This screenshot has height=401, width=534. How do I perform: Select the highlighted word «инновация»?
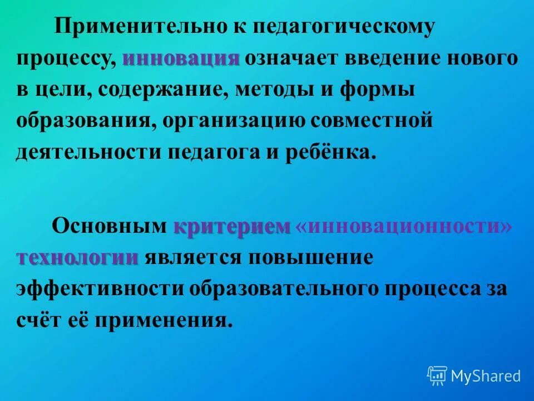click(181, 58)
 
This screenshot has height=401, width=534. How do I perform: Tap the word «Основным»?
click(108, 227)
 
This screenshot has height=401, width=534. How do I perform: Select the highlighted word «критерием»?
click(233, 227)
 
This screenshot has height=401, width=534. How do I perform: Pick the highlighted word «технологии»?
click(77, 257)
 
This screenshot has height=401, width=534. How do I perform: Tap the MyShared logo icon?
click(437, 376)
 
